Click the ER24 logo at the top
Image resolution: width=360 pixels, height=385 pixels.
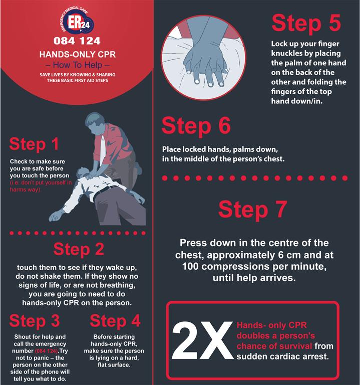click(77, 22)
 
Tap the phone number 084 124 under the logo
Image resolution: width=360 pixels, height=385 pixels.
click(77, 41)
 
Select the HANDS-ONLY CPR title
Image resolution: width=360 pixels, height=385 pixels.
click(78, 54)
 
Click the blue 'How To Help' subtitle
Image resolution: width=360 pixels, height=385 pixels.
click(78, 65)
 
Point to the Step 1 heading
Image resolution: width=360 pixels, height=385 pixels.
click(34, 144)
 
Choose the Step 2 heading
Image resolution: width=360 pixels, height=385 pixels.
click(79, 249)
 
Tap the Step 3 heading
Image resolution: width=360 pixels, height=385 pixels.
click(35, 321)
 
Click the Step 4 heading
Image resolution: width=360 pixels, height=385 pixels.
click(115, 321)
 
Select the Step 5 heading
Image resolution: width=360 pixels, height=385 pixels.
click(306, 24)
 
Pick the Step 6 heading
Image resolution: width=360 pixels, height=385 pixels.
click(196, 126)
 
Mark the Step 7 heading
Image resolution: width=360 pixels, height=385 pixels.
click(253, 209)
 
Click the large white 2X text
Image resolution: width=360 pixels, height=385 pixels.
click(202, 340)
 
